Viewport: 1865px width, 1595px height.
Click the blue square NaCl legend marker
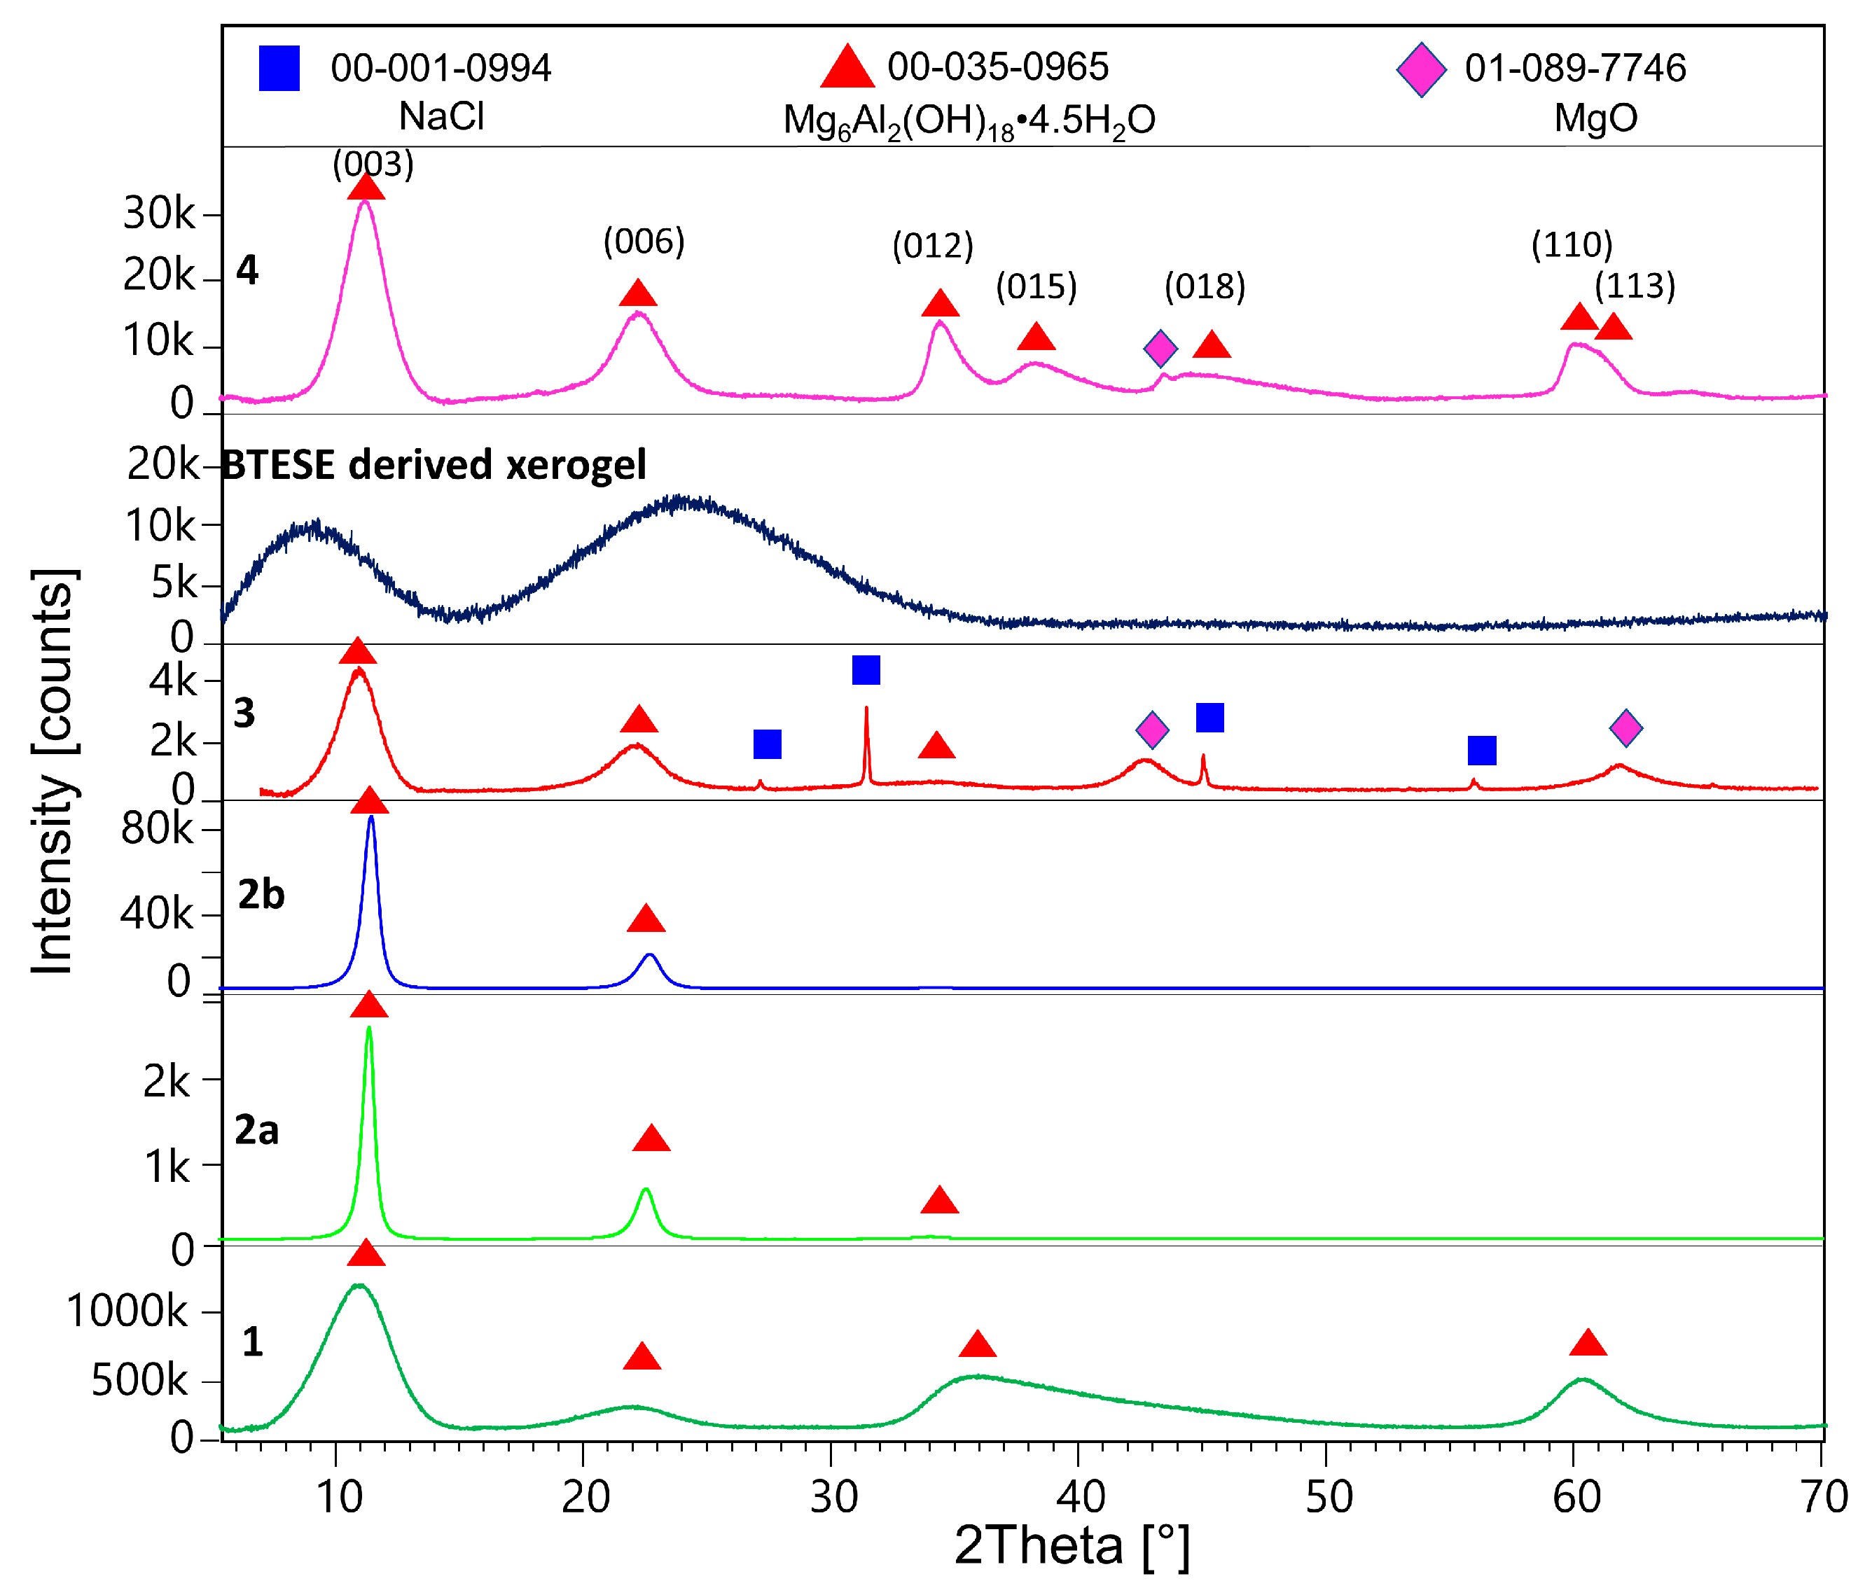click(279, 69)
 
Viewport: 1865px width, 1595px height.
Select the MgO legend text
click(1595, 118)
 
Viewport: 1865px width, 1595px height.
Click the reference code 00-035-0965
click(997, 67)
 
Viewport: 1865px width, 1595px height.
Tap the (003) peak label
click(373, 164)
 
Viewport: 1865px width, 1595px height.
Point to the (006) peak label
click(644, 242)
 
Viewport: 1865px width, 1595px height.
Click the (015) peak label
click(1036, 287)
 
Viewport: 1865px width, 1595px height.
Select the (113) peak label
click(1635, 286)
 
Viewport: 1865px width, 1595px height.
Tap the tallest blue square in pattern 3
click(865, 669)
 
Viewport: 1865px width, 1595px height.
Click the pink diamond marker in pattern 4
click(1160, 347)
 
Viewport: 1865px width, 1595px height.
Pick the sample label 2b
click(261, 895)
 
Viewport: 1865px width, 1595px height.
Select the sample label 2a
click(256, 1129)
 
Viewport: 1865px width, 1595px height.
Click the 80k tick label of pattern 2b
click(157, 828)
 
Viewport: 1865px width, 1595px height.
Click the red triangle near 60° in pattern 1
click(1588, 1343)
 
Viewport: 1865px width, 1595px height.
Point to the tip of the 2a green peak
click(369, 1028)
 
